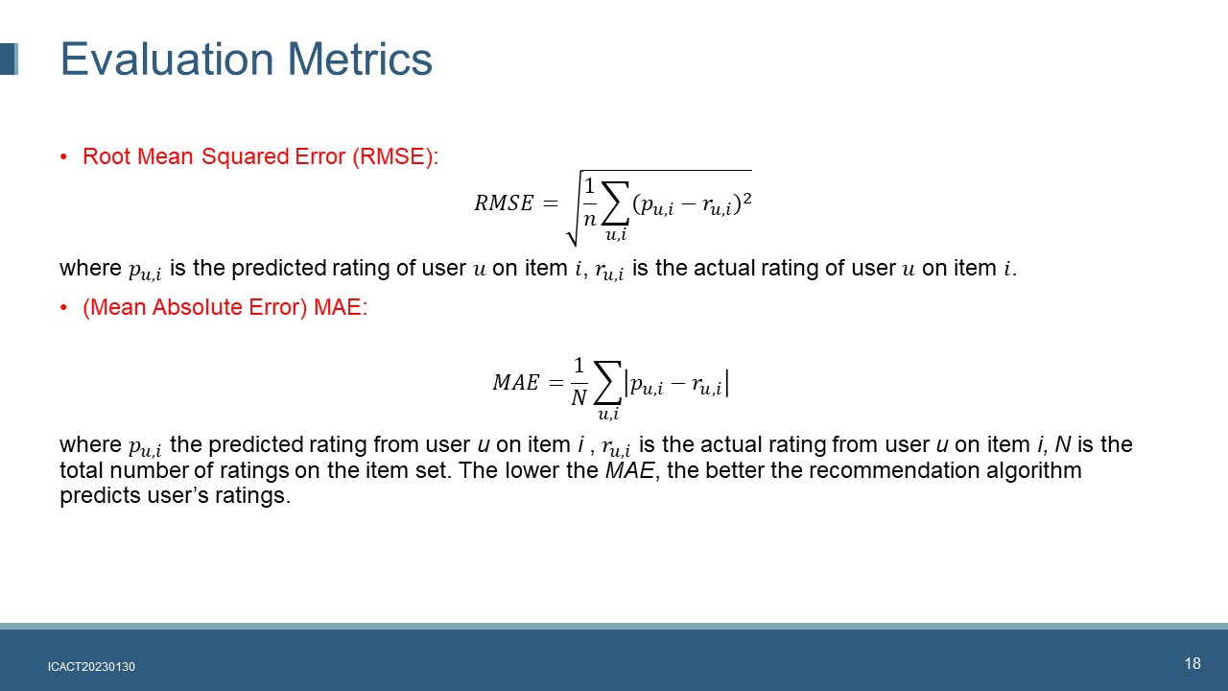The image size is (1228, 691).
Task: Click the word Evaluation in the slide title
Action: (167, 59)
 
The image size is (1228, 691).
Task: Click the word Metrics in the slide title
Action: (360, 59)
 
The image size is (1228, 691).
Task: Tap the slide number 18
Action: (1193, 663)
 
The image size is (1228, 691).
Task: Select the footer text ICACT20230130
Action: (91, 667)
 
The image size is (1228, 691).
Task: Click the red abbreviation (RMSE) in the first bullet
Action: (395, 156)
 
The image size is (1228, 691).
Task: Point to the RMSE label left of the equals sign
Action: (504, 203)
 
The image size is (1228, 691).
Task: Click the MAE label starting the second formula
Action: (515, 382)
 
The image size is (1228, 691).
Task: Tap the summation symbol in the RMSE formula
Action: (615, 203)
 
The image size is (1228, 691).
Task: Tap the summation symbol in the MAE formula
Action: (607, 382)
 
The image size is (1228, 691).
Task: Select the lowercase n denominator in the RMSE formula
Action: (589, 220)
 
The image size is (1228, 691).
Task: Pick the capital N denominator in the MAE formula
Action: (579, 397)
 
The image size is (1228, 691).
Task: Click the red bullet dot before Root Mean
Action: (63, 157)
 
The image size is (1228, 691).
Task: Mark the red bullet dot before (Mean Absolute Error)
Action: (63, 308)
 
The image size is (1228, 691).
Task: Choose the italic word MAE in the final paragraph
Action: (629, 470)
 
